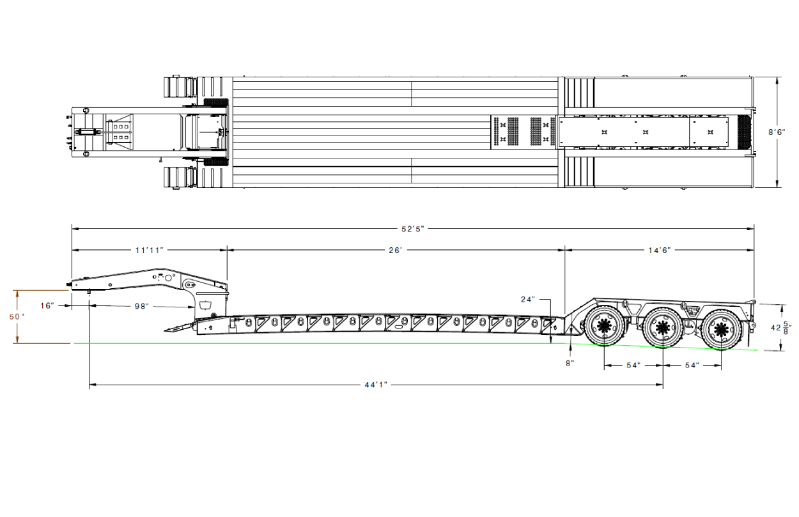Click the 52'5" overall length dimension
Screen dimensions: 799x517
tap(413, 229)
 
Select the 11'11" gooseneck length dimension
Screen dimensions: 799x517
tap(150, 251)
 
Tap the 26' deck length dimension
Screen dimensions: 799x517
tap(396, 251)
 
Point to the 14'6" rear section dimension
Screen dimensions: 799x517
tap(660, 251)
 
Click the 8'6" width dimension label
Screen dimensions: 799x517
tap(777, 132)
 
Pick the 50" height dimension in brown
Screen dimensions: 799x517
tap(17, 316)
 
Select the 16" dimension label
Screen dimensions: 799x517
tap(47, 305)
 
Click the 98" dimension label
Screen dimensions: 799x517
tap(142, 306)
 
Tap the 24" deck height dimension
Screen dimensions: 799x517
tap(528, 300)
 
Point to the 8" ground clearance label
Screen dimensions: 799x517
tap(570, 364)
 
